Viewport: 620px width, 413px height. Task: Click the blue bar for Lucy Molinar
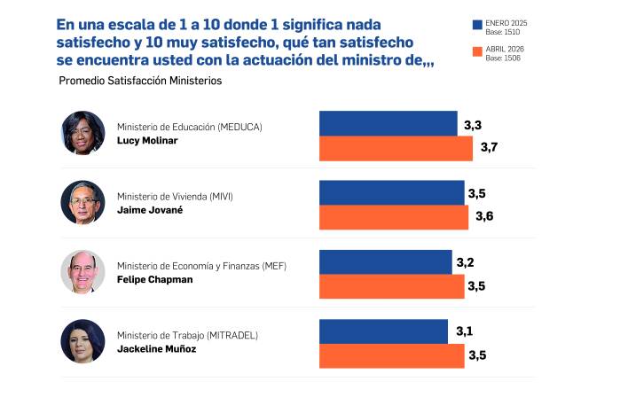(x=388, y=123)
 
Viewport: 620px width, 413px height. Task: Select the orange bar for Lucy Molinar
(x=396, y=148)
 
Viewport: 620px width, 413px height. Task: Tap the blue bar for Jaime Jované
(x=391, y=192)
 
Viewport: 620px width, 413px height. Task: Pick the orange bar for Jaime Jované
(x=393, y=217)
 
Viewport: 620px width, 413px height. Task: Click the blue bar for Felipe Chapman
(x=385, y=261)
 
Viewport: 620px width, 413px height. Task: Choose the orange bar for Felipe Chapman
(x=391, y=286)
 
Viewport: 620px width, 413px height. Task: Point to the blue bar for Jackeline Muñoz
(x=383, y=331)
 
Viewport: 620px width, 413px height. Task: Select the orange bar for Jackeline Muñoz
(x=391, y=355)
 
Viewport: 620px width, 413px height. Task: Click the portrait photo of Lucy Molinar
(x=82, y=133)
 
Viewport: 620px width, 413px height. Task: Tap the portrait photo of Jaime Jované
(x=82, y=202)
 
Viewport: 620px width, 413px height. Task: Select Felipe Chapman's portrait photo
(x=82, y=272)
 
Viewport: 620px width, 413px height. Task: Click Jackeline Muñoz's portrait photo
(x=82, y=341)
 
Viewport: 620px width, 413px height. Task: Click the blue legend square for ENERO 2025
(x=478, y=26)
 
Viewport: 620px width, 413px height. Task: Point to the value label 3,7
(x=489, y=147)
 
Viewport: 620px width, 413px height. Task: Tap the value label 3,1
(x=464, y=331)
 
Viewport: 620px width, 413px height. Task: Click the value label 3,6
(x=484, y=216)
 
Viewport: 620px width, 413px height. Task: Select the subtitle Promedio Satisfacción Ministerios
(x=139, y=81)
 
